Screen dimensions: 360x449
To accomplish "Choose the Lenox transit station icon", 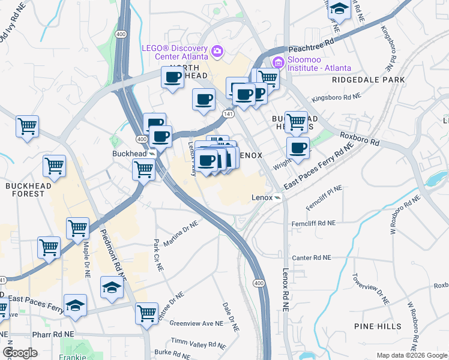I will [279, 197].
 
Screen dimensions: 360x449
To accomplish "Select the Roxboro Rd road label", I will [360, 139].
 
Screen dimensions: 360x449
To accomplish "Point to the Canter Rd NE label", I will [312, 258].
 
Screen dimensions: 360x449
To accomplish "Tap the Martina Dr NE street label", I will [181, 232].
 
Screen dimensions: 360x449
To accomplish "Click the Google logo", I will [20, 353].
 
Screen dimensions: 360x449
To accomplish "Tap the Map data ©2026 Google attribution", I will [412, 355].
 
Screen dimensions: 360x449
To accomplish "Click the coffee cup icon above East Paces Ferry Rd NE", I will [298, 148].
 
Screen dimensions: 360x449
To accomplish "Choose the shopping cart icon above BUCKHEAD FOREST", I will [54, 165].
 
